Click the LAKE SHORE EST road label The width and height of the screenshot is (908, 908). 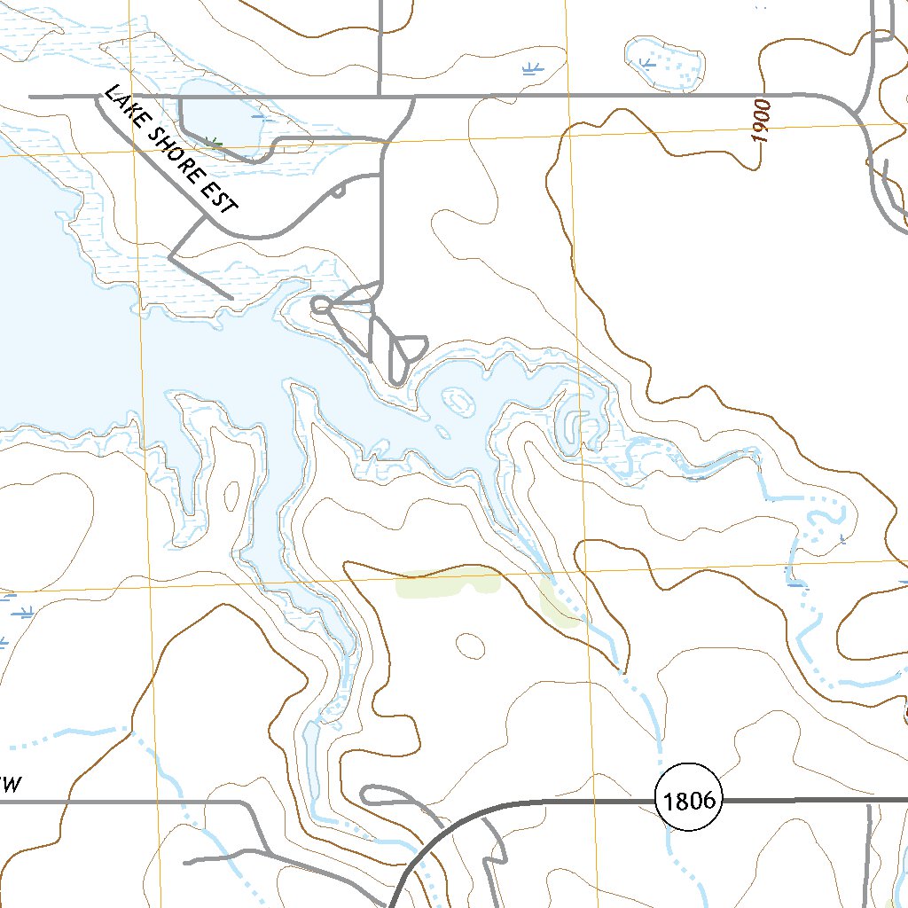tap(171, 150)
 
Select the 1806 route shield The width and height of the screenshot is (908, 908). tap(689, 802)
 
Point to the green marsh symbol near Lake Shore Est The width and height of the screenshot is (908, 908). tap(213, 141)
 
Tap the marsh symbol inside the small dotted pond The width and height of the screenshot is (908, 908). tap(646, 63)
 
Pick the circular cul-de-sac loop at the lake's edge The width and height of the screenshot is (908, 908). tap(321, 306)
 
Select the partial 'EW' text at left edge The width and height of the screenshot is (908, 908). tap(9, 784)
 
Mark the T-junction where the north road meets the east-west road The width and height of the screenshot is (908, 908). tap(380, 96)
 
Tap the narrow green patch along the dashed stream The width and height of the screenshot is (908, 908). tap(559, 603)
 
